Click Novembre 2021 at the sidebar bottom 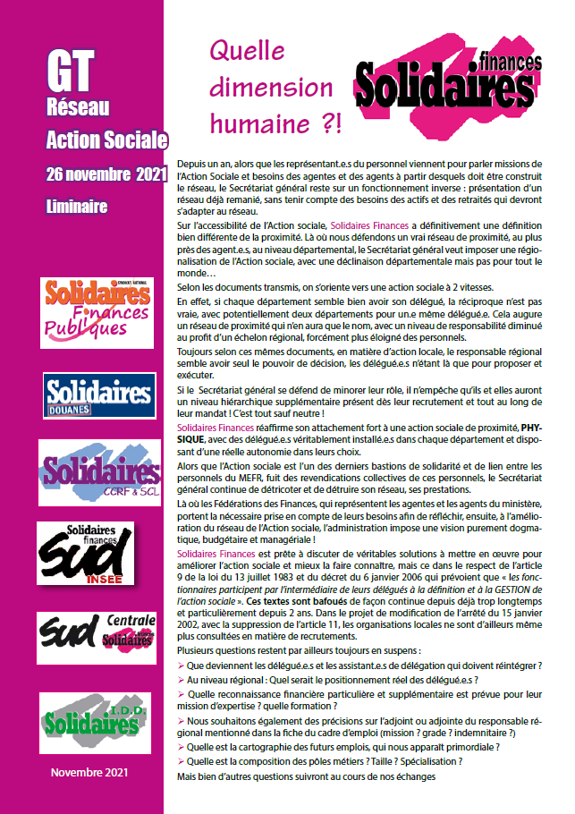[x=89, y=772]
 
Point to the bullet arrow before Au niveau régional [x=182, y=679]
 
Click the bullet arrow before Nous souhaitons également [x=182, y=721]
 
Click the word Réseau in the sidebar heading [x=77, y=108]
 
